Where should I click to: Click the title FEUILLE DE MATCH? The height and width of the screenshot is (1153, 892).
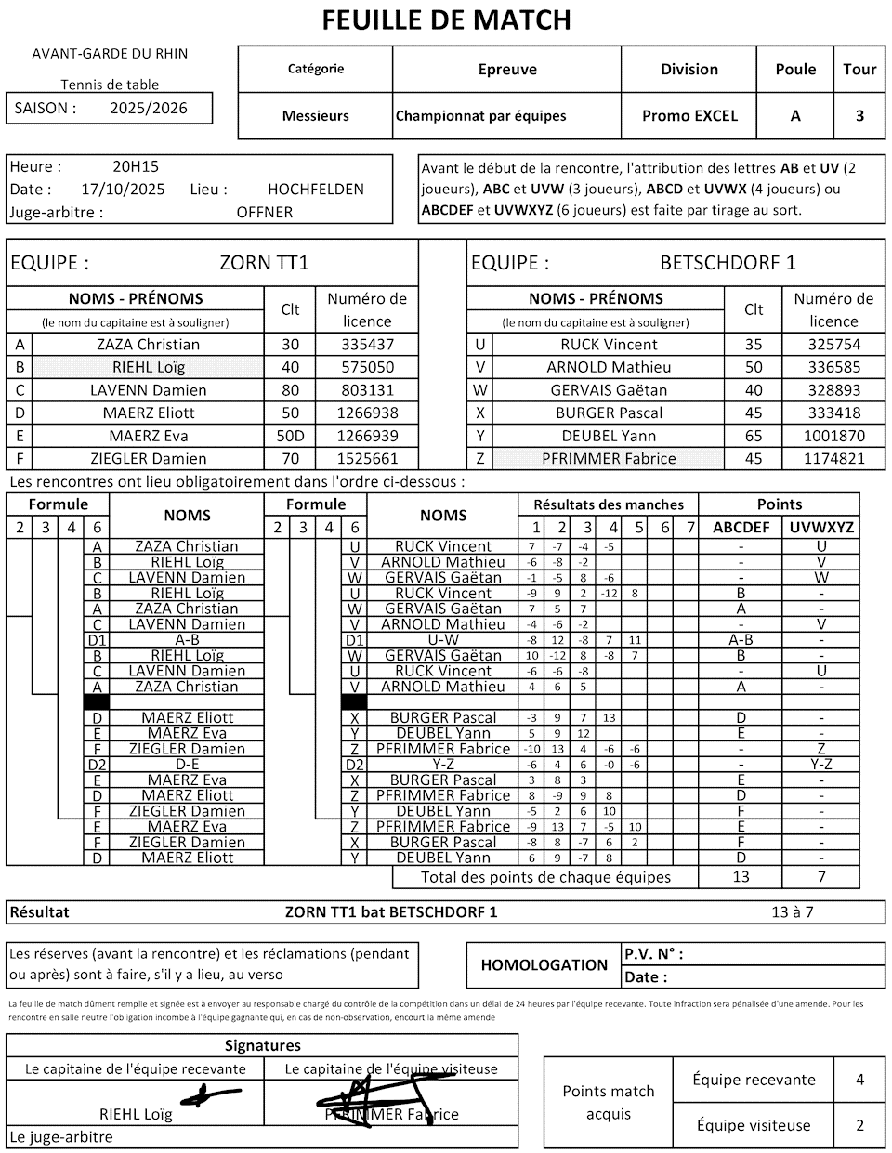coord(446,20)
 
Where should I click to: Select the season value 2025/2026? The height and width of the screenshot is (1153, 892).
coord(149,108)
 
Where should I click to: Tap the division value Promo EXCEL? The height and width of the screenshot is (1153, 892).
coord(689,116)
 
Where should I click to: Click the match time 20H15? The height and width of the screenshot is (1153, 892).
coord(136,167)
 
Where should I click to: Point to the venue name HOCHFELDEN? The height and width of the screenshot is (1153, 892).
coord(316,190)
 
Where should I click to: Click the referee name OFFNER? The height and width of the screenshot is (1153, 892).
coord(265,212)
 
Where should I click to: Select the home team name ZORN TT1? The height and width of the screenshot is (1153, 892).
coord(264,263)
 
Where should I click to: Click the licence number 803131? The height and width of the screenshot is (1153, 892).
coord(367,390)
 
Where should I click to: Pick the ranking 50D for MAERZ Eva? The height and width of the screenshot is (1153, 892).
coord(290,436)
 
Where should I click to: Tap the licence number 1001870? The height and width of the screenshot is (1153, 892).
coord(833,436)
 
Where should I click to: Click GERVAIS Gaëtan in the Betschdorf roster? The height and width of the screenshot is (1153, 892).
coord(609,390)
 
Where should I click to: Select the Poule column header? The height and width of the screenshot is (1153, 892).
coord(795,70)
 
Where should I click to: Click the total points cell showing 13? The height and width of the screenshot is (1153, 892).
coord(741,877)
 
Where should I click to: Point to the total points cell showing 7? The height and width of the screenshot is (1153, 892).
coord(821,877)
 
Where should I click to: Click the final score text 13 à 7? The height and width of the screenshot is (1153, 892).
coord(793,912)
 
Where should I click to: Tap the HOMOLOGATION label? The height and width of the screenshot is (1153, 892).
coord(544,965)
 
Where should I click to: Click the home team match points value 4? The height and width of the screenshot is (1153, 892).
coord(859,1080)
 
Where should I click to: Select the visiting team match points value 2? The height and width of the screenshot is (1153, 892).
coord(859,1125)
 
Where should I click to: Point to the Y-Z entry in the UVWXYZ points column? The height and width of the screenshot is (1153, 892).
coord(821,765)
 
